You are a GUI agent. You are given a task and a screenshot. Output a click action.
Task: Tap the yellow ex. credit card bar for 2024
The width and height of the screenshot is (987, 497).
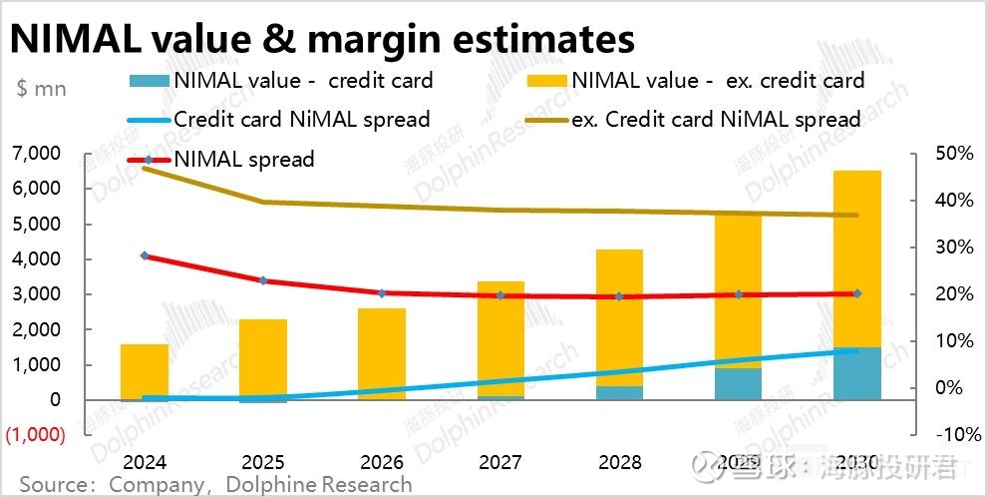(145, 370)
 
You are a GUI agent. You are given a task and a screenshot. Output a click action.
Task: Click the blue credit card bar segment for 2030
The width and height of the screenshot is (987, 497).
(856, 373)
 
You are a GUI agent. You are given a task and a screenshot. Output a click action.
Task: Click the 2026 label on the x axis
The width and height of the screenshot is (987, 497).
(382, 463)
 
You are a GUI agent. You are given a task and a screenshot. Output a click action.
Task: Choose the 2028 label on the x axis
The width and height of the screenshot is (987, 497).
(619, 463)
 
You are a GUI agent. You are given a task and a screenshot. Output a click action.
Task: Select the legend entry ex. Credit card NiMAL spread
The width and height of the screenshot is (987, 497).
(716, 120)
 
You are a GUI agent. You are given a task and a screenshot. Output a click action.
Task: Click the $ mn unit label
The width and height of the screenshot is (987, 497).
(42, 88)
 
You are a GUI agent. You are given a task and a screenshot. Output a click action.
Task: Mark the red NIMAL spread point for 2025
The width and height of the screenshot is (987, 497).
(263, 280)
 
